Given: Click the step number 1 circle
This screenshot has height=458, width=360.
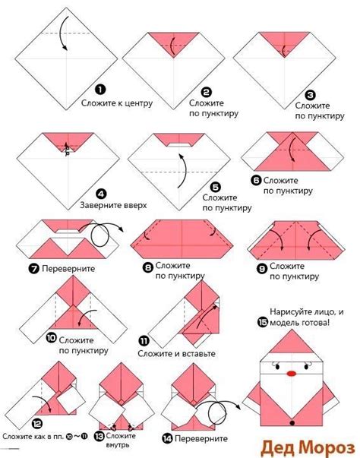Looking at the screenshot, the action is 100,90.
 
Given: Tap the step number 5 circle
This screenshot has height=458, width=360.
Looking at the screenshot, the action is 216,187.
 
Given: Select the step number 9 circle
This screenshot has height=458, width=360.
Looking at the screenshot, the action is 262,269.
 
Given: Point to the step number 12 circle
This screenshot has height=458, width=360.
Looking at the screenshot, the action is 38,424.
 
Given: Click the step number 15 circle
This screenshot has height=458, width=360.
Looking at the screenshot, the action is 263,322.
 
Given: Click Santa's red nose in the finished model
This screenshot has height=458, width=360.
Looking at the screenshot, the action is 291,373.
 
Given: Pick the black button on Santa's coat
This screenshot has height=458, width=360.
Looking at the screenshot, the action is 292,422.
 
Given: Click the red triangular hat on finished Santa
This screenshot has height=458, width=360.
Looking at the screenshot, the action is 291,343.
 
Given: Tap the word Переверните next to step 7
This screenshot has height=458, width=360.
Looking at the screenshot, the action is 68,268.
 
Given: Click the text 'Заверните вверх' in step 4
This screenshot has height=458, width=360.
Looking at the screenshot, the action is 113,205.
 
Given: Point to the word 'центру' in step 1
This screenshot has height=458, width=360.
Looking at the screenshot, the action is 139,103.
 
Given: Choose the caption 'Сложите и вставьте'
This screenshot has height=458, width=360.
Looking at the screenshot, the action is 176,353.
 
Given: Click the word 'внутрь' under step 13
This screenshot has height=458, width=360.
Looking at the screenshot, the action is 118,445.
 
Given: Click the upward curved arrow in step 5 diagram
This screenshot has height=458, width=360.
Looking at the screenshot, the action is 185,171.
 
